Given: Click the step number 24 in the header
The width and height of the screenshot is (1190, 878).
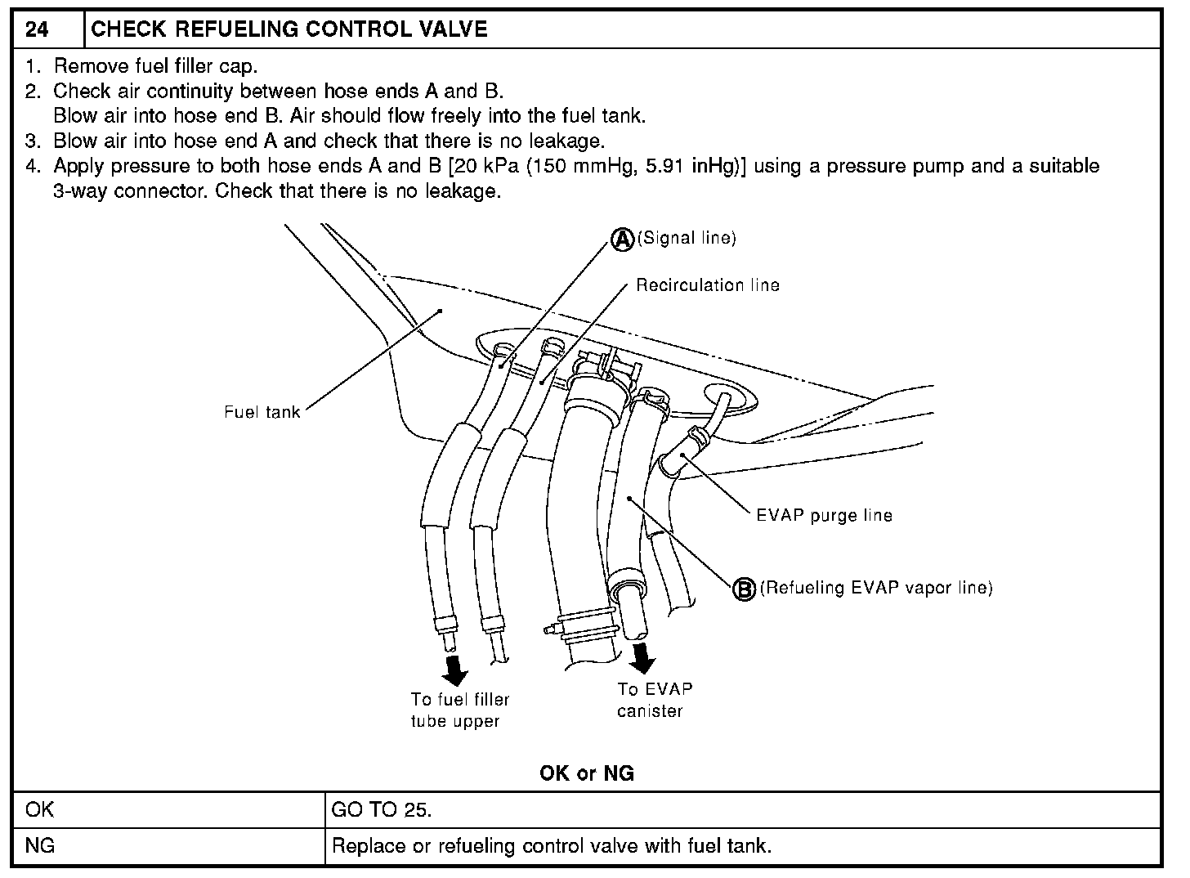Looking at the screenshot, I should [x=37, y=30].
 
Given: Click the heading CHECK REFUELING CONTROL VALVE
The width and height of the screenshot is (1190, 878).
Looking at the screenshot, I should [x=289, y=30].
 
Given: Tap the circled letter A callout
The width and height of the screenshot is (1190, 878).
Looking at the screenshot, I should [x=622, y=238].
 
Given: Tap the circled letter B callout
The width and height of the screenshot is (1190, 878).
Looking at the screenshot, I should [x=744, y=589].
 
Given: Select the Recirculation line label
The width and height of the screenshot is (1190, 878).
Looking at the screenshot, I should [x=708, y=285].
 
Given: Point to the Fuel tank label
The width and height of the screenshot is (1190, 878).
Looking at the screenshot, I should [x=262, y=412].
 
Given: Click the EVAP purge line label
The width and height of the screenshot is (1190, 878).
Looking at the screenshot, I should [x=824, y=516].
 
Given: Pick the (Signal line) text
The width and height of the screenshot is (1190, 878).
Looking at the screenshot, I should [x=687, y=238].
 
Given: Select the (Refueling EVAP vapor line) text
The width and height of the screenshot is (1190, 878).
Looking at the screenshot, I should [x=876, y=588].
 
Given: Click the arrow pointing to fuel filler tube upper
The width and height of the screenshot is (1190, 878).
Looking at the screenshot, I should [x=455, y=670].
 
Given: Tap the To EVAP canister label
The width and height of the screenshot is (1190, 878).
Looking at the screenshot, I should [x=654, y=700].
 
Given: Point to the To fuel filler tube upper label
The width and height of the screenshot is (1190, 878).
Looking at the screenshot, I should [x=460, y=710].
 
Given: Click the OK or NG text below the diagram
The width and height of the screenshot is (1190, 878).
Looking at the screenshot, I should [x=587, y=773].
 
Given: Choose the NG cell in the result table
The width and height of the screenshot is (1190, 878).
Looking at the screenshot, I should [x=40, y=845].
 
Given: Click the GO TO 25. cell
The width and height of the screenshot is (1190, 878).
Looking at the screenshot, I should [x=381, y=809].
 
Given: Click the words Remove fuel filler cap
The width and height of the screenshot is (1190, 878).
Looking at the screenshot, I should [x=155, y=66].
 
